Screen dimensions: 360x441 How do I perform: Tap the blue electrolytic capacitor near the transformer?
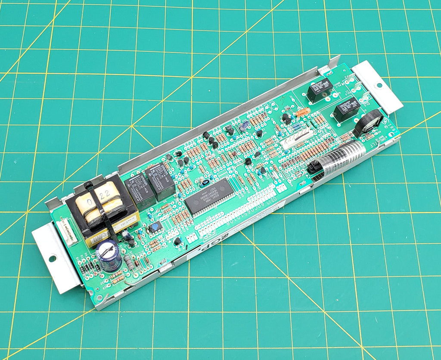[109, 255]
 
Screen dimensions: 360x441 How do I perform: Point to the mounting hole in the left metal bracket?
[52, 258]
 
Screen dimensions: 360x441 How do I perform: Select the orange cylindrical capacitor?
[304, 112]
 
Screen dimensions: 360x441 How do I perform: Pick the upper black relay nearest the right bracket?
[319, 90]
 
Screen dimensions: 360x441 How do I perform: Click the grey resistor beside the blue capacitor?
[128, 261]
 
